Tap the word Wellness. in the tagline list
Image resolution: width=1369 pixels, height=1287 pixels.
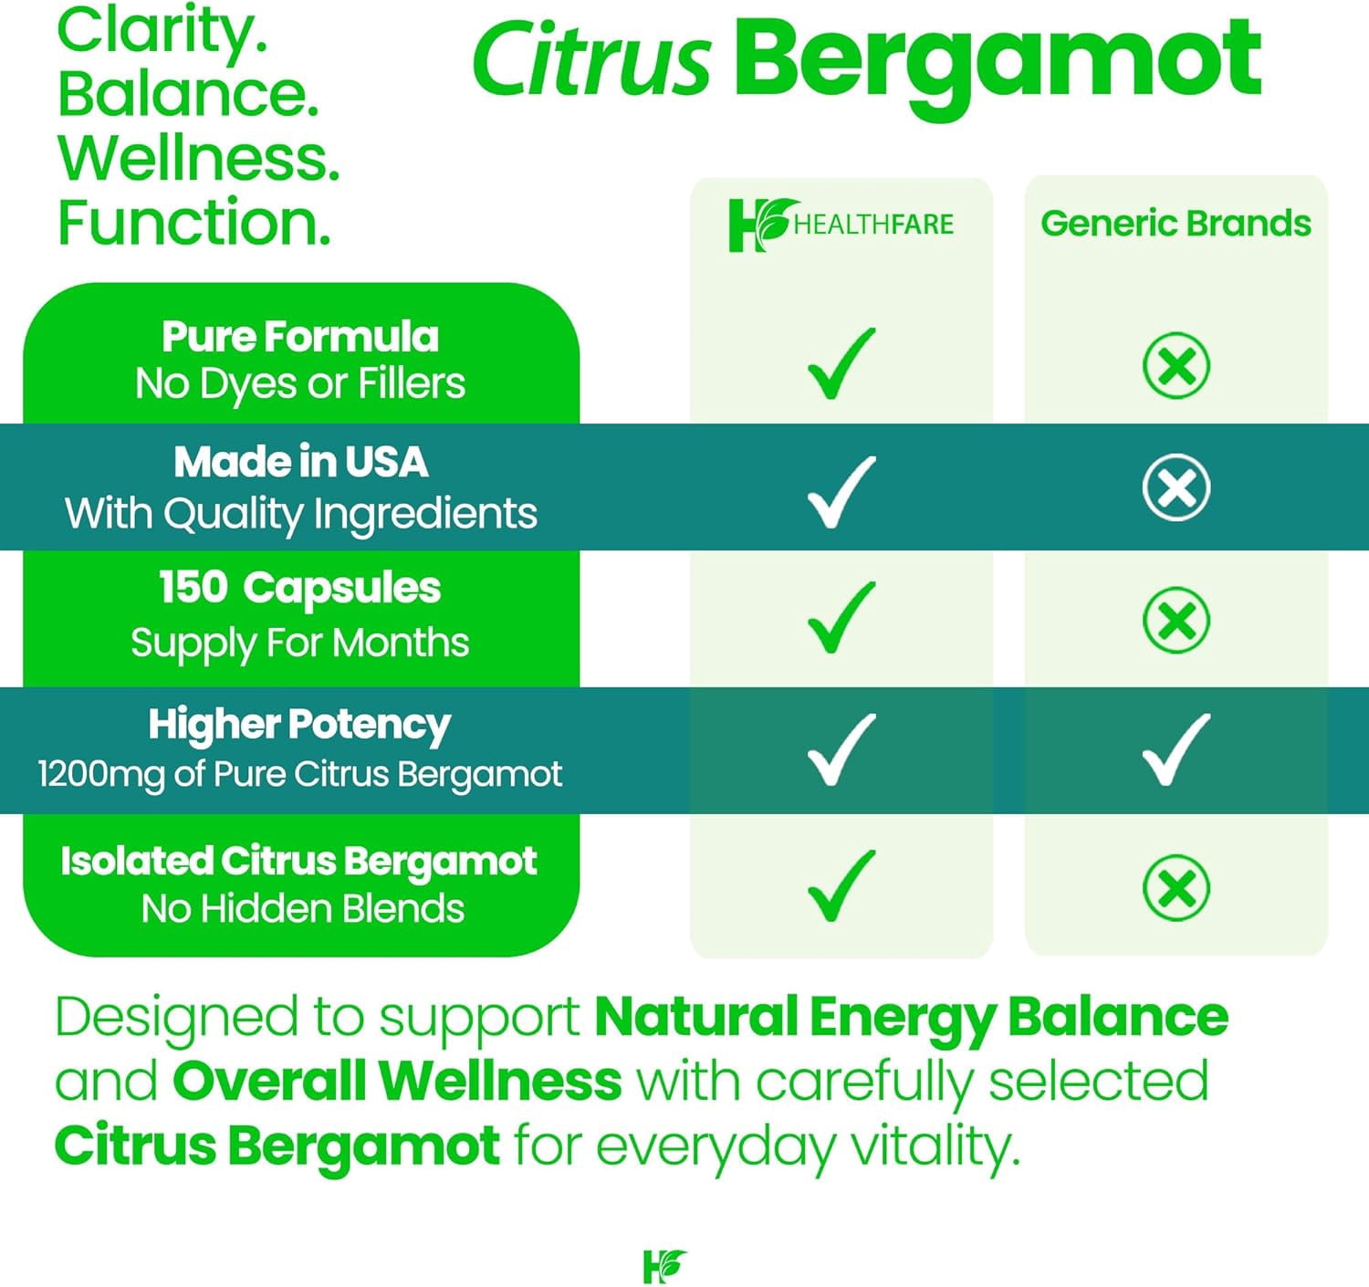click(199, 158)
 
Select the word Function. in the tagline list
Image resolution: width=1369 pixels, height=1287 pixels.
click(194, 222)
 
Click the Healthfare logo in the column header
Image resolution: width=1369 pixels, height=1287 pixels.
click(841, 225)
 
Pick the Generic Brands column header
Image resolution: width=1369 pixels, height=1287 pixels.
click(1176, 224)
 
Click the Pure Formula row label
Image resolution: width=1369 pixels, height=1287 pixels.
click(300, 337)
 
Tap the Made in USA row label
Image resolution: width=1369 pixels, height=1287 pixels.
click(300, 462)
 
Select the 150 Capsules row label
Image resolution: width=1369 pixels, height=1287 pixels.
click(300, 589)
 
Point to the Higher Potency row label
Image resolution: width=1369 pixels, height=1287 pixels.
click(300, 726)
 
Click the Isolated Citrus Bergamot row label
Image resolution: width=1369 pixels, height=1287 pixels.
click(299, 863)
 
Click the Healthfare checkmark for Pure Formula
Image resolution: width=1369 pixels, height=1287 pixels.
click(841, 363)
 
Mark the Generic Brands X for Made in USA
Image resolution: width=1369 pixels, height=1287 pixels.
click(1176, 487)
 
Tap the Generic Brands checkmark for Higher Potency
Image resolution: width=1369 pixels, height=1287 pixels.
click(1176, 749)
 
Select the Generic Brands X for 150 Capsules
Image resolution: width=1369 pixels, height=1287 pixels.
click(1176, 620)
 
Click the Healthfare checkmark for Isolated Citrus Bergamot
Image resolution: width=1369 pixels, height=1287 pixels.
click(841, 886)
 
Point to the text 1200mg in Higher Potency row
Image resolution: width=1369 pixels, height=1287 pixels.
click(101, 774)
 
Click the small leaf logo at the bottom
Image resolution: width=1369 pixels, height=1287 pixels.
click(664, 1266)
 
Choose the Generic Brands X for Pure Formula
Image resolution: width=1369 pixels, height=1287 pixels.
click(1176, 365)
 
